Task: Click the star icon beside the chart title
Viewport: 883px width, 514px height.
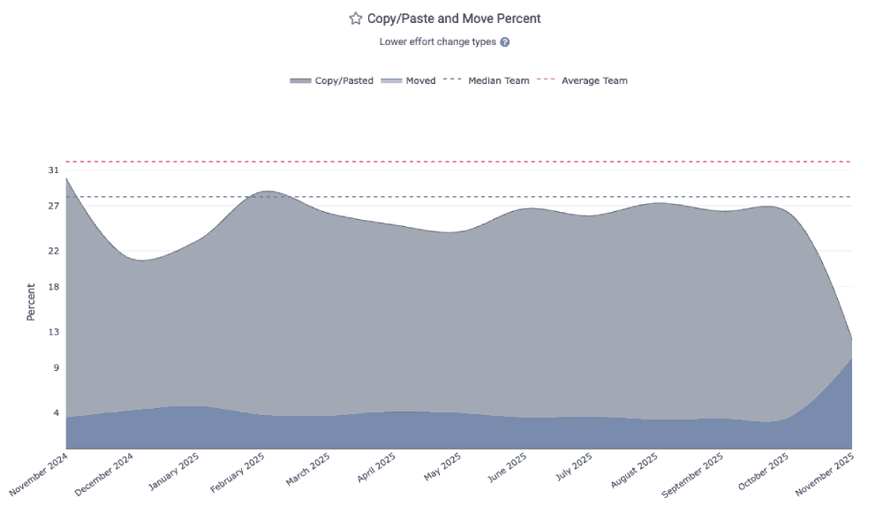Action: coord(356,19)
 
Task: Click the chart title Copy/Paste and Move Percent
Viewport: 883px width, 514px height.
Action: coord(454,19)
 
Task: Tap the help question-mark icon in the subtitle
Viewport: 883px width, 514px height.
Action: coord(505,42)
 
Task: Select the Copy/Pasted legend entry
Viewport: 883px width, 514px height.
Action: coord(332,80)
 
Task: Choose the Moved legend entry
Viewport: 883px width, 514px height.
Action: coord(409,80)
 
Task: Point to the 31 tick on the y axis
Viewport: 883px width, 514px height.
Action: coord(53,170)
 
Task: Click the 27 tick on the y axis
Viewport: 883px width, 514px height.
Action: coord(53,206)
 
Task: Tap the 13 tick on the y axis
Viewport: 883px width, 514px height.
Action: coord(53,332)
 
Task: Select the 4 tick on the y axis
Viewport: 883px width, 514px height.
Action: coord(56,412)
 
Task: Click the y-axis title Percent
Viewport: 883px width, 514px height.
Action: coord(31,301)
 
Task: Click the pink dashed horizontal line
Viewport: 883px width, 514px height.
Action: coord(441,162)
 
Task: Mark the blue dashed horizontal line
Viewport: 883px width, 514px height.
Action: coord(441,197)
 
